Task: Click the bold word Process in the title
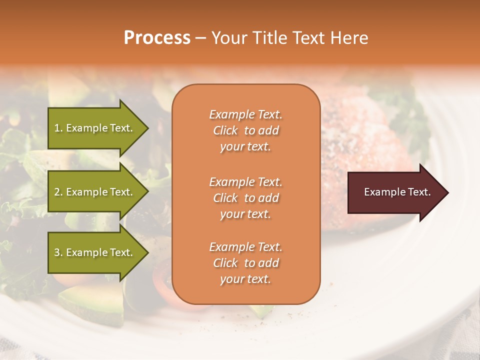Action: coord(157,38)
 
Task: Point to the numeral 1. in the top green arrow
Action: coord(58,128)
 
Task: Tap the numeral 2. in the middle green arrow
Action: coord(58,192)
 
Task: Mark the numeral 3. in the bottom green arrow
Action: coord(58,252)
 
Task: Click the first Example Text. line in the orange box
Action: coord(245,114)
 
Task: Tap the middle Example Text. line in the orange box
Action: coord(245,181)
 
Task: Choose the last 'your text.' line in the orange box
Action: coord(245,279)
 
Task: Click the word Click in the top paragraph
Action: coord(225,131)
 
